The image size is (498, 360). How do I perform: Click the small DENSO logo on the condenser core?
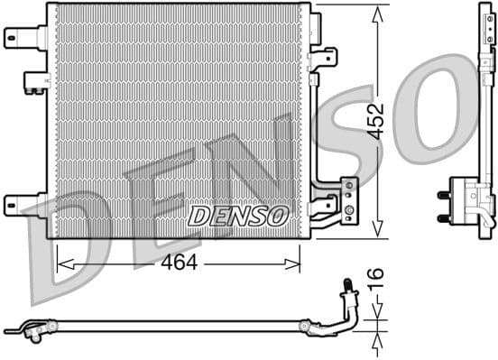pos(238,216)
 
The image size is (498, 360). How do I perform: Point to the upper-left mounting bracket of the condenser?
pos(23,37)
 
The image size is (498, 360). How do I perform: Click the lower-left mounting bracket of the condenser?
pos(23,204)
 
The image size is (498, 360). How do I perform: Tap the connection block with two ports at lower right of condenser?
pos(348,199)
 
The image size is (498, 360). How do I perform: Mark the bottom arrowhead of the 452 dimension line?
pos(376,232)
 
